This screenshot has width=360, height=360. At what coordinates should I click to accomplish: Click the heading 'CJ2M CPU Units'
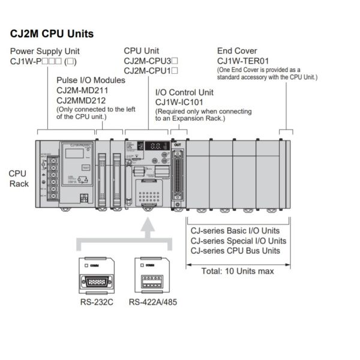52,34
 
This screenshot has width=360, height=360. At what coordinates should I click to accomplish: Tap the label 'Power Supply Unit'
44,51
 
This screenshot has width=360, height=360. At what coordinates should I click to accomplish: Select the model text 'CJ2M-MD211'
83,90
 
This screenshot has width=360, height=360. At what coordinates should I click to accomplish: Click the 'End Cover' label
237,51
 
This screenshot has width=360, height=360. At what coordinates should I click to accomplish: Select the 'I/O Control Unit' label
184,93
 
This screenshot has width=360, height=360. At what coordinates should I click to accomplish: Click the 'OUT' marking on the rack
176,145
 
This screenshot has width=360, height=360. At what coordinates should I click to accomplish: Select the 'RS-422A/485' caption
152,301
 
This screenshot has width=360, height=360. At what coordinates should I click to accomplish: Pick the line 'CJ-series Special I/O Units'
238,241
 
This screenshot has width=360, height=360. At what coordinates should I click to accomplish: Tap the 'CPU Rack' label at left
19,178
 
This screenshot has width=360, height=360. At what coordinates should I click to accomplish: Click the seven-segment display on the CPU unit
157,148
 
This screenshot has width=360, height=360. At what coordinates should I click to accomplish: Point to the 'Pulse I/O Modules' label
91,80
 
